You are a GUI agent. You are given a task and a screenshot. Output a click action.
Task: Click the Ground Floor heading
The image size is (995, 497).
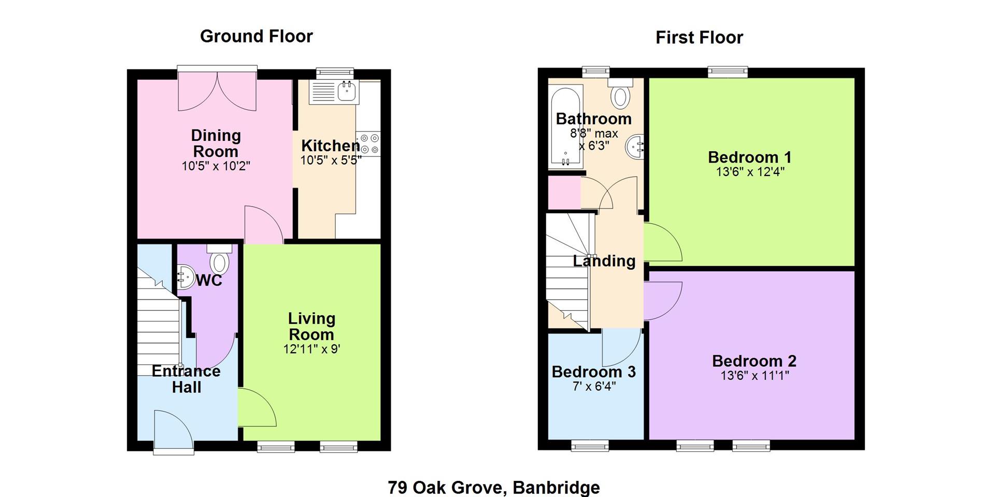point(257,37)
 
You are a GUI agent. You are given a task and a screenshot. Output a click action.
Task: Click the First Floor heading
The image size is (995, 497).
point(699,37)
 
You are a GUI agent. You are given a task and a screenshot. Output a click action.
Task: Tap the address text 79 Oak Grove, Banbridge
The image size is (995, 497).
point(494,487)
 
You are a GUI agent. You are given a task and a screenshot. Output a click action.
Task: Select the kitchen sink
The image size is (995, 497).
point(334,92)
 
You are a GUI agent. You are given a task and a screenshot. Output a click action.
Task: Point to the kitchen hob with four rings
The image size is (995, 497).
point(368,143)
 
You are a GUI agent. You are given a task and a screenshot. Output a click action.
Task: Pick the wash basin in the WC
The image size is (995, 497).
point(185,276)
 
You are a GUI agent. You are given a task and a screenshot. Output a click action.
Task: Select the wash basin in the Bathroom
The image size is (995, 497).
point(635,148)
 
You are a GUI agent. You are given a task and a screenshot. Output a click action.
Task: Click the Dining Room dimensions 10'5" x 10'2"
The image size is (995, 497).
point(216,166)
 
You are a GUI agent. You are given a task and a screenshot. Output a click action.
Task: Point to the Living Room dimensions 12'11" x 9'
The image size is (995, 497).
point(311,349)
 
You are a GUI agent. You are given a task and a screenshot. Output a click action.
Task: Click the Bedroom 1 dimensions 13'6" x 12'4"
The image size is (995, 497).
point(750,172)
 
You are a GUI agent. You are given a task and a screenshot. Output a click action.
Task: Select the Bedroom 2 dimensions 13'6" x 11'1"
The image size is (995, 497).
point(755,375)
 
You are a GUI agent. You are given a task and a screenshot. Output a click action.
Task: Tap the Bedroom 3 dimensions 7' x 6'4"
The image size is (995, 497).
point(594,386)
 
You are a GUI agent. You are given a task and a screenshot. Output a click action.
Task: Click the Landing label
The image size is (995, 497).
point(604,261)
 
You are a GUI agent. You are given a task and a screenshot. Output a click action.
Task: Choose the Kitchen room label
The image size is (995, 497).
point(331,145)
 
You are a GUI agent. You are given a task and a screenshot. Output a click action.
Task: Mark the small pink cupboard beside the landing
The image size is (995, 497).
point(564,193)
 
